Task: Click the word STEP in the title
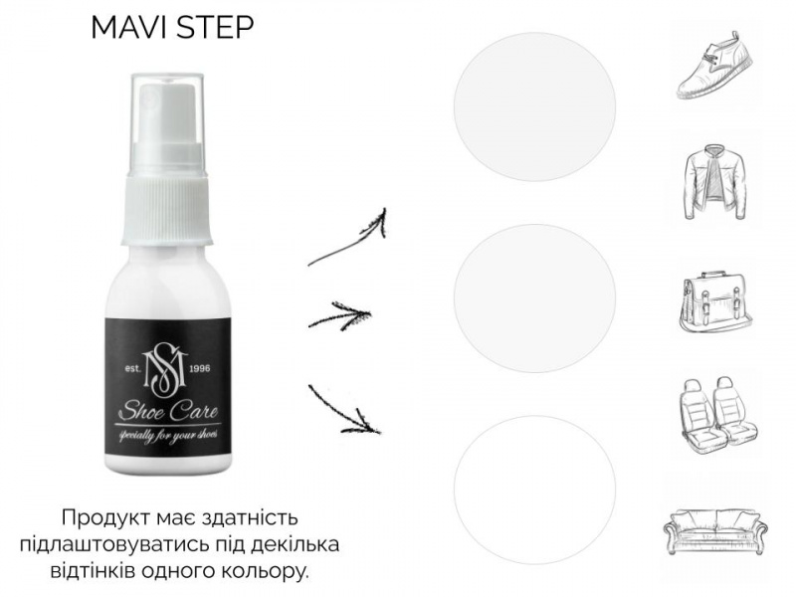(x=213, y=28)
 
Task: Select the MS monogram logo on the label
(x=167, y=371)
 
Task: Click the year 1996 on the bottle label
(x=199, y=368)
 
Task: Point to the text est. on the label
(x=133, y=368)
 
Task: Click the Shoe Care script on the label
(x=168, y=411)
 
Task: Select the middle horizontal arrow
(x=339, y=315)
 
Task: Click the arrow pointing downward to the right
(x=343, y=411)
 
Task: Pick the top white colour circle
(x=534, y=107)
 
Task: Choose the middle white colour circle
(x=534, y=298)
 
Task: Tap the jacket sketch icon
(x=715, y=182)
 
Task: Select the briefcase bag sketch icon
(x=715, y=301)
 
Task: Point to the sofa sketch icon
(x=715, y=531)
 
